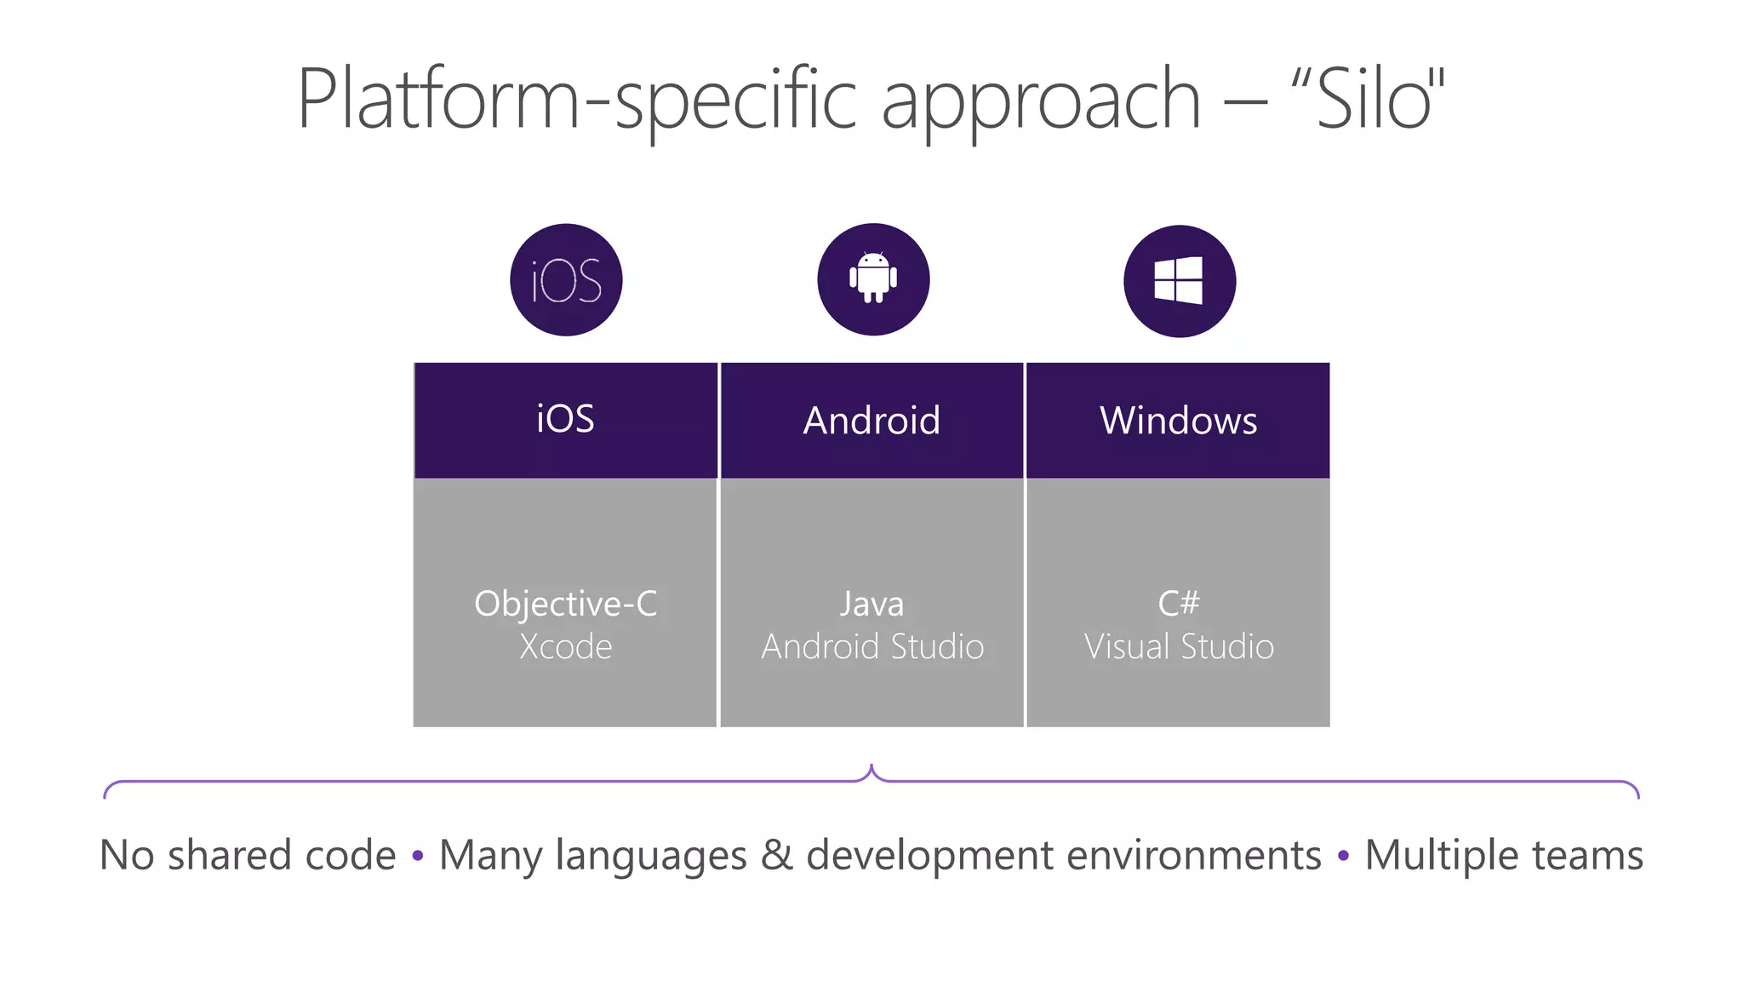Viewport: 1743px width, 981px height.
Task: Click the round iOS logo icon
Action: pos(566,280)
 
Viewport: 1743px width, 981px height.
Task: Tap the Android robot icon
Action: pos(873,278)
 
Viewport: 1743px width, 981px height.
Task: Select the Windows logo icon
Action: pos(1179,281)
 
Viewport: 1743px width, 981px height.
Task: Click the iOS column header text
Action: pos(565,419)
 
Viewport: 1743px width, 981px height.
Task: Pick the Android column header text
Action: pos(871,421)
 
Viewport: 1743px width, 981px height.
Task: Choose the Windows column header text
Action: pos(1178,421)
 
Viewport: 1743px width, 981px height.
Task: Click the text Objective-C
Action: pos(565,604)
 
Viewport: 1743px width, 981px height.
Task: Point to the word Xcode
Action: pos(565,647)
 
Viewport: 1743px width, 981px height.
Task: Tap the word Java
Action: pos(871,604)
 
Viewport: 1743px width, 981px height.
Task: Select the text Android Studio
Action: pos(872,647)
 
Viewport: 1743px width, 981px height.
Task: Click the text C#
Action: pos(1179,604)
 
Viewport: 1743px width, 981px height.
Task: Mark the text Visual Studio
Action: pos(1179,647)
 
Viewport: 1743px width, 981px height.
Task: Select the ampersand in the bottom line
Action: pos(776,855)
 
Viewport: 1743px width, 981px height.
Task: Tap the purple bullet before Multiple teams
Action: pos(1343,856)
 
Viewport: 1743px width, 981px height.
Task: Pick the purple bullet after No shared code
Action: pos(417,856)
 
